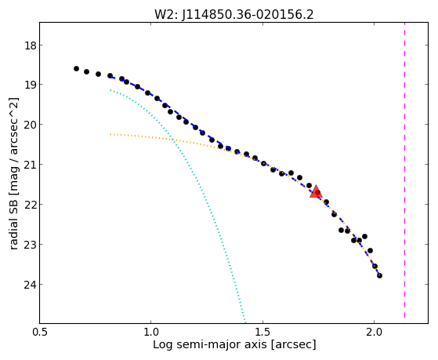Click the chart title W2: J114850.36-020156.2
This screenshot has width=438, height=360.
(x=234, y=15)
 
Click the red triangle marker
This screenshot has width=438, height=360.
(x=316, y=191)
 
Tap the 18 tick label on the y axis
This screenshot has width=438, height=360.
(x=30, y=45)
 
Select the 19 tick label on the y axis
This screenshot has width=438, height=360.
(x=30, y=85)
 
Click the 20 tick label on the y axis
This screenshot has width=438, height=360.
(x=30, y=125)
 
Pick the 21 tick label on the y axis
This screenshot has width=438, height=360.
(x=30, y=165)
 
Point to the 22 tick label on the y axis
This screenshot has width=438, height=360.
(x=30, y=205)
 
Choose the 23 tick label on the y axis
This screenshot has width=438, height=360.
(x=30, y=245)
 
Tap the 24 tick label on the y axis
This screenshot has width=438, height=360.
(x=30, y=285)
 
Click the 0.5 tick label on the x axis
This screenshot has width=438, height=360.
(x=40, y=332)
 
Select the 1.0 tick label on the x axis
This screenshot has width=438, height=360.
(x=151, y=332)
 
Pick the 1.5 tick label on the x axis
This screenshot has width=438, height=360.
(x=262, y=332)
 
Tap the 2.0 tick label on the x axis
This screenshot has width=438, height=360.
(x=374, y=332)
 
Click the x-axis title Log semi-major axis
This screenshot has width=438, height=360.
(x=210, y=344)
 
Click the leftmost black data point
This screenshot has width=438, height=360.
(x=76, y=68)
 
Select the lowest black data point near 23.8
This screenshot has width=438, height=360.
(x=379, y=275)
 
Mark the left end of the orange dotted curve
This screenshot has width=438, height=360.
(x=110, y=134)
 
